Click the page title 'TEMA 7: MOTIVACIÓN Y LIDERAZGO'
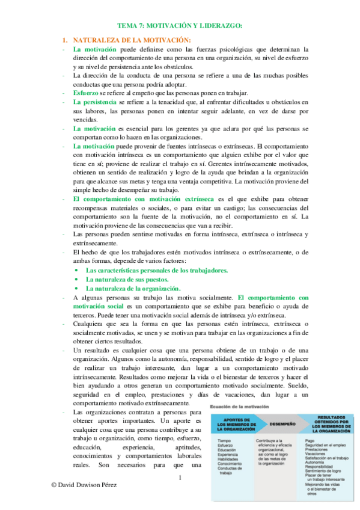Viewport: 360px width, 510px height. coord(180,25)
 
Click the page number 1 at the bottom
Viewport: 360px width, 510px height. coord(180,478)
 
